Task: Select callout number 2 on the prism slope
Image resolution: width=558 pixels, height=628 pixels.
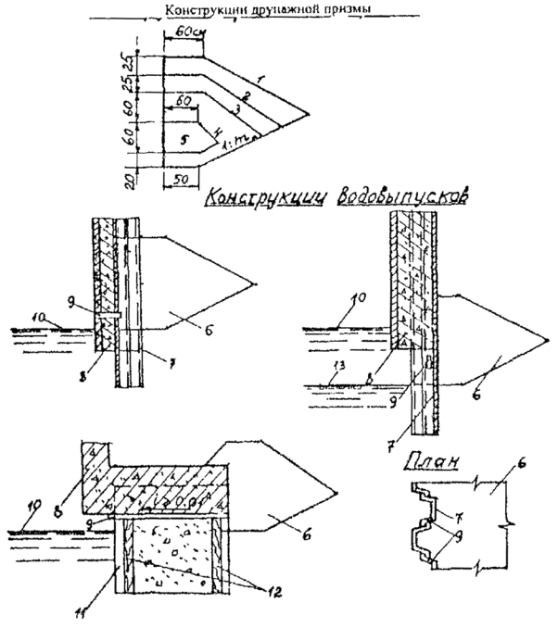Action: [245, 95]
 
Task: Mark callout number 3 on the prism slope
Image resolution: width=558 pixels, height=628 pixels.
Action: [235, 111]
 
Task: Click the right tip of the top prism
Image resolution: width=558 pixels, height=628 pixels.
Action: [310, 110]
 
